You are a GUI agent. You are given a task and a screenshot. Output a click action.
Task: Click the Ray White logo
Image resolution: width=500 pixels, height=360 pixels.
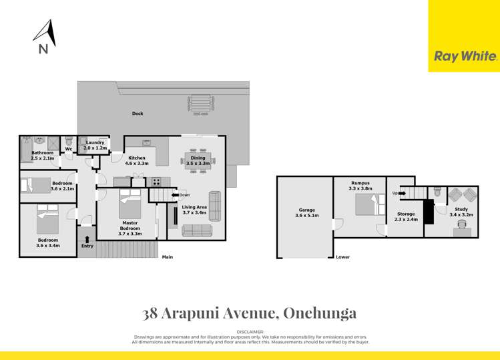tap(465, 57)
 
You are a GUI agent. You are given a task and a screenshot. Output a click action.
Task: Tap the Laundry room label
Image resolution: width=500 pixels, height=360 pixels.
tap(95, 142)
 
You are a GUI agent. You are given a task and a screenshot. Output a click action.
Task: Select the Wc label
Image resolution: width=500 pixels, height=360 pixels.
tap(69, 149)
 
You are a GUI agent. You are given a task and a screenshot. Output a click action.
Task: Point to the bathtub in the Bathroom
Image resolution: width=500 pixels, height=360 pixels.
tap(27, 148)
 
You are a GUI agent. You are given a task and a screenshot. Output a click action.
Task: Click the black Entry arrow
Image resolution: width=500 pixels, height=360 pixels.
tap(87, 238)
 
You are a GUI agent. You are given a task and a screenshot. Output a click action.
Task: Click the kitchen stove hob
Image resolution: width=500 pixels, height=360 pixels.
tap(155, 181)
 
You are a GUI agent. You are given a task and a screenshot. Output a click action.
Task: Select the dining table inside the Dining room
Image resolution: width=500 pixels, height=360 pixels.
tap(198, 161)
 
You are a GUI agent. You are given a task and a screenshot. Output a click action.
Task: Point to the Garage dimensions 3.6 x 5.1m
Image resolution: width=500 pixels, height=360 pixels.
tap(307, 216)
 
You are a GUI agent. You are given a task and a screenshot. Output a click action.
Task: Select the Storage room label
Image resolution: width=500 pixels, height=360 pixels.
tap(406, 214)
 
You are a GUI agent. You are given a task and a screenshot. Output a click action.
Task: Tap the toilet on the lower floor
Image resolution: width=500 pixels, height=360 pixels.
tap(437, 192)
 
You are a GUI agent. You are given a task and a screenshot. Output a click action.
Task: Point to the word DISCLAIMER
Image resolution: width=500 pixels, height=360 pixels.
tap(250, 332)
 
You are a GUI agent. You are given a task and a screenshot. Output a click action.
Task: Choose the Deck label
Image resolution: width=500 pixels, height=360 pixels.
tap(138, 114)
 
